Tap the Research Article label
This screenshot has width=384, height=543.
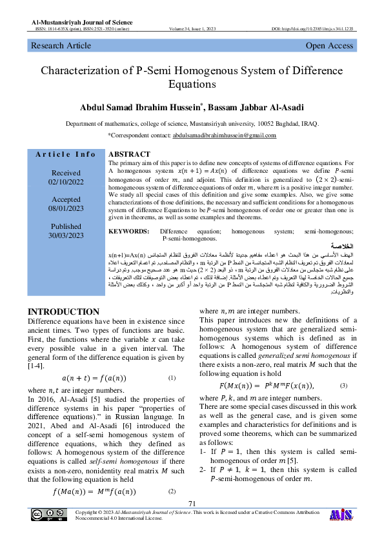[61, 46]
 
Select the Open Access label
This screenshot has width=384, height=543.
[329, 46]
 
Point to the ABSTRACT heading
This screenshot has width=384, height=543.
[129, 155]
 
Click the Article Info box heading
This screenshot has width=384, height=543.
[66, 154]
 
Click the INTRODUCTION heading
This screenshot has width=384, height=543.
[63, 312]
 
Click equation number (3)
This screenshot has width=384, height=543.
[343, 385]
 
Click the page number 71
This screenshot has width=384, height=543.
[192, 504]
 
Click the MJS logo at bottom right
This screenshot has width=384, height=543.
[341, 515]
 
